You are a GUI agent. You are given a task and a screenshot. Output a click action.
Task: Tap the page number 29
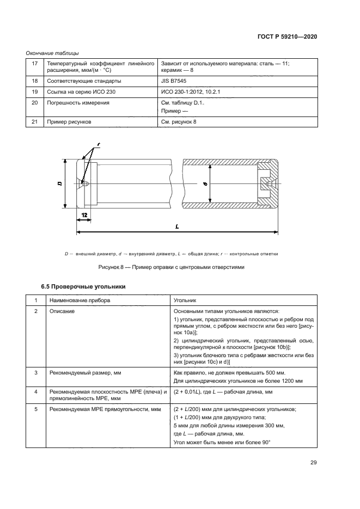[x=313, y=463]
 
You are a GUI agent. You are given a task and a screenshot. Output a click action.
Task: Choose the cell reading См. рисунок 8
[x=179, y=122]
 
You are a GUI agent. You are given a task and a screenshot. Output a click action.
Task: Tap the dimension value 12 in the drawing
[x=85, y=216]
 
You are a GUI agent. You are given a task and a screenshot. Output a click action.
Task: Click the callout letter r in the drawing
[x=99, y=145]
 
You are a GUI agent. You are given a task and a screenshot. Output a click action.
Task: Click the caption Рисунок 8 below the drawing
[x=171, y=267]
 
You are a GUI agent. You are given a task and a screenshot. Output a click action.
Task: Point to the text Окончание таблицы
[x=52, y=53]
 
